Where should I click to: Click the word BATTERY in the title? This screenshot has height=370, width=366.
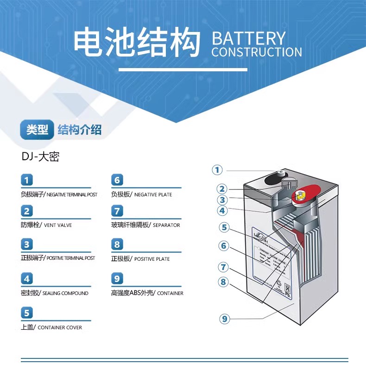[x=249, y=38]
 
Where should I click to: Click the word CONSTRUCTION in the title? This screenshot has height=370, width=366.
[x=257, y=52]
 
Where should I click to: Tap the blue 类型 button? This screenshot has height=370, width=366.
[x=37, y=130]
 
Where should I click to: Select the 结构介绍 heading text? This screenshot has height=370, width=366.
[x=79, y=130]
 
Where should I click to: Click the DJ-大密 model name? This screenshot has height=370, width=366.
[x=40, y=157]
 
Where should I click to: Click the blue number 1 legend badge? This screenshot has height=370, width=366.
[x=27, y=180]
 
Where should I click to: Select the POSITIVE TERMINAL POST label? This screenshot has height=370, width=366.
[x=71, y=258]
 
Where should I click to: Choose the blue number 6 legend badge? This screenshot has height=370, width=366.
[x=118, y=180]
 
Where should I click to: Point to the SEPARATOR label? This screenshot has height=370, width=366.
[x=166, y=225]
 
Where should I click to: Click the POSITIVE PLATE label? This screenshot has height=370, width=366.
[x=152, y=259]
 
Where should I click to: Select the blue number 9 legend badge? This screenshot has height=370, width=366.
[x=118, y=279]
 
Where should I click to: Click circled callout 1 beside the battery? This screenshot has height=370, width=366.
[x=218, y=170]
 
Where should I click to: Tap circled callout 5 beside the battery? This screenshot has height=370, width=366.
[x=224, y=227]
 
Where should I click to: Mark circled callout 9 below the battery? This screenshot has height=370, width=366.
[x=225, y=319]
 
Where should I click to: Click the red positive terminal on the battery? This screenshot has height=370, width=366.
[x=303, y=194]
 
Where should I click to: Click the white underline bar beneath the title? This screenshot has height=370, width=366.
[x=183, y=70]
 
